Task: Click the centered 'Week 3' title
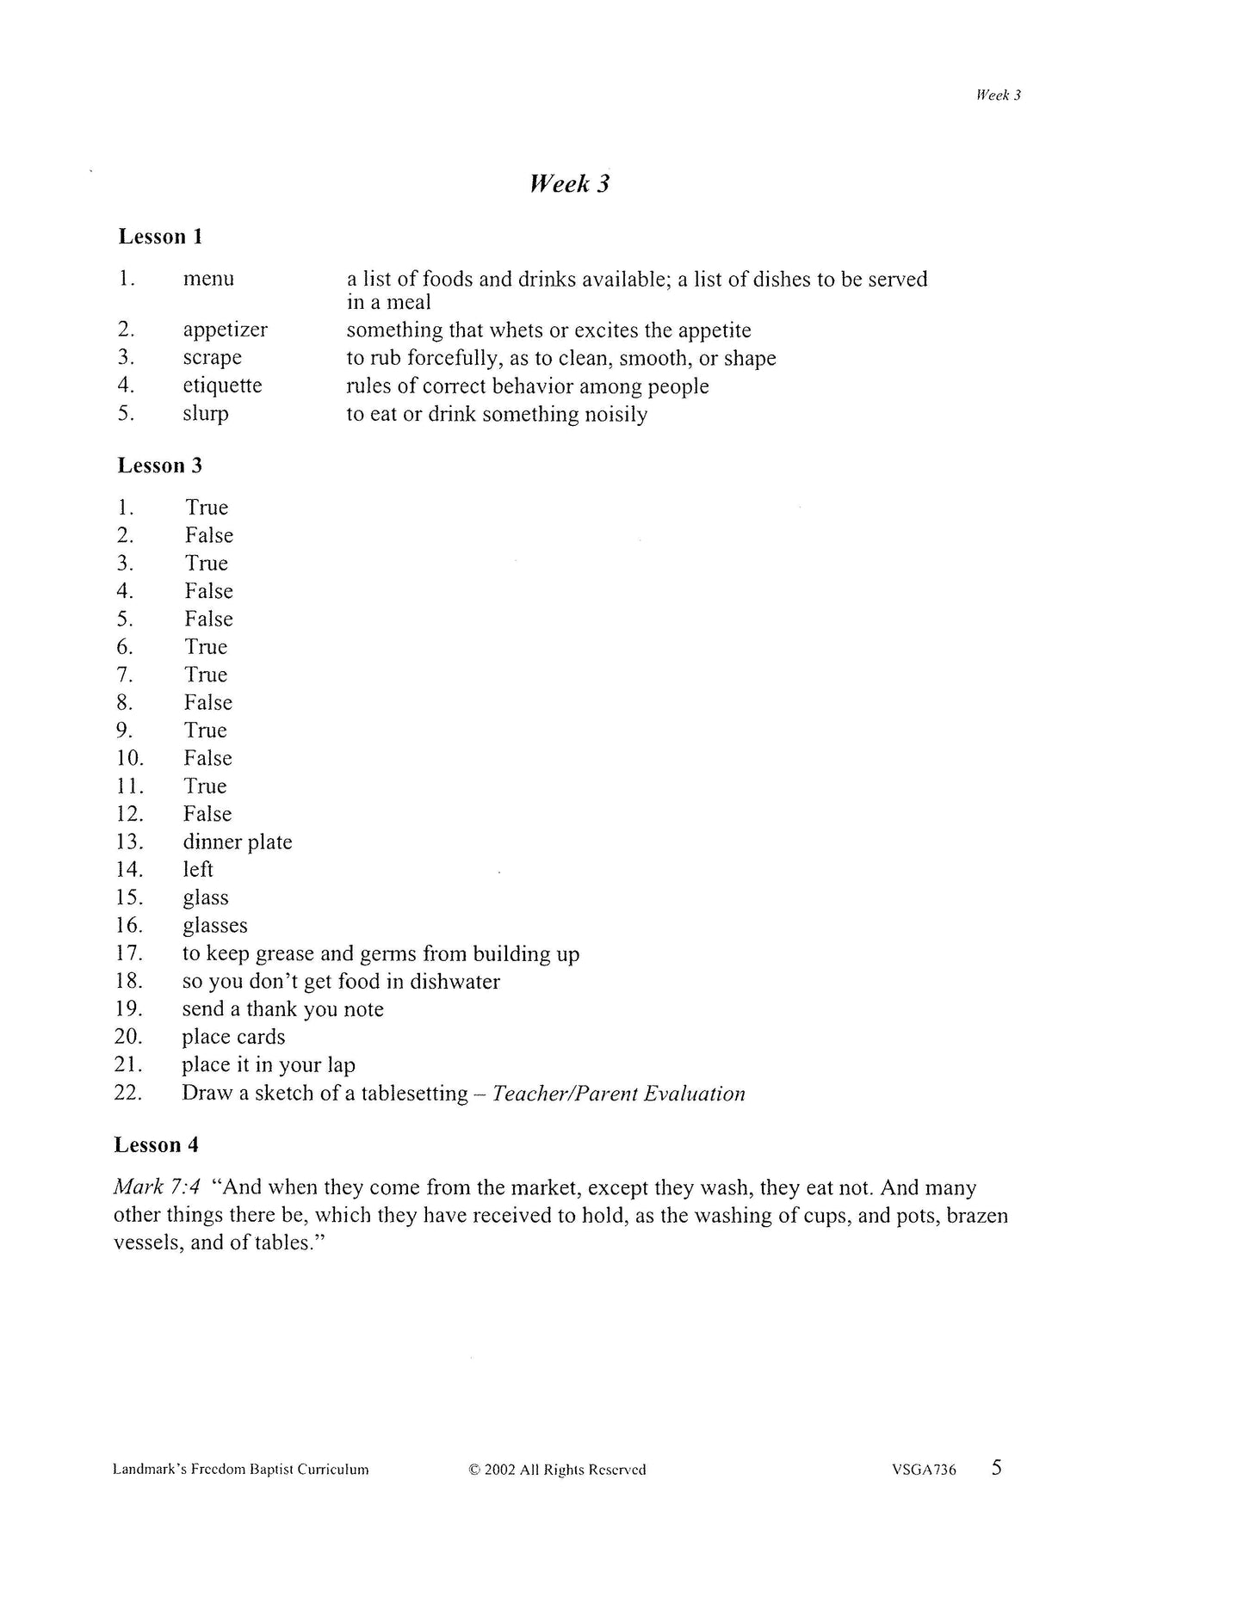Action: [x=569, y=183]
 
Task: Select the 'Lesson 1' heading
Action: [x=160, y=237]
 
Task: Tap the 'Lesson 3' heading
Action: [x=160, y=465]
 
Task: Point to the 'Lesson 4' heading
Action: [x=157, y=1145]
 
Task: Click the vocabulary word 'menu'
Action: [x=208, y=279]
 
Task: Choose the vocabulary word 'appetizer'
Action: [x=225, y=330]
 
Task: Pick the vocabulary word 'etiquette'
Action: [x=222, y=385]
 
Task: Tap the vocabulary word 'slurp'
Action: [x=206, y=414]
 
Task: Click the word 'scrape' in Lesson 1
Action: [x=212, y=358]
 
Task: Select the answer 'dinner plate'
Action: [x=237, y=842]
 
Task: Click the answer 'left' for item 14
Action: [x=198, y=870]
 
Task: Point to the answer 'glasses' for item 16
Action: [x=214, y=926]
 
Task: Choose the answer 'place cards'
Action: [x=233, y=1038]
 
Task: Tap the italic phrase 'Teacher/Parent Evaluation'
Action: [x=618, y=1094]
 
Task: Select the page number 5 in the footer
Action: [x=997, y=1467]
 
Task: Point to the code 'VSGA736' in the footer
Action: [x=924, y=1470]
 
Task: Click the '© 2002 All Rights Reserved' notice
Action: [x=557, y=1470]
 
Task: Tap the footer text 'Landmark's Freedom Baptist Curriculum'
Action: [x=241, y=1470]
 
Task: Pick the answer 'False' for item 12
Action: [x=207, y=814]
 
